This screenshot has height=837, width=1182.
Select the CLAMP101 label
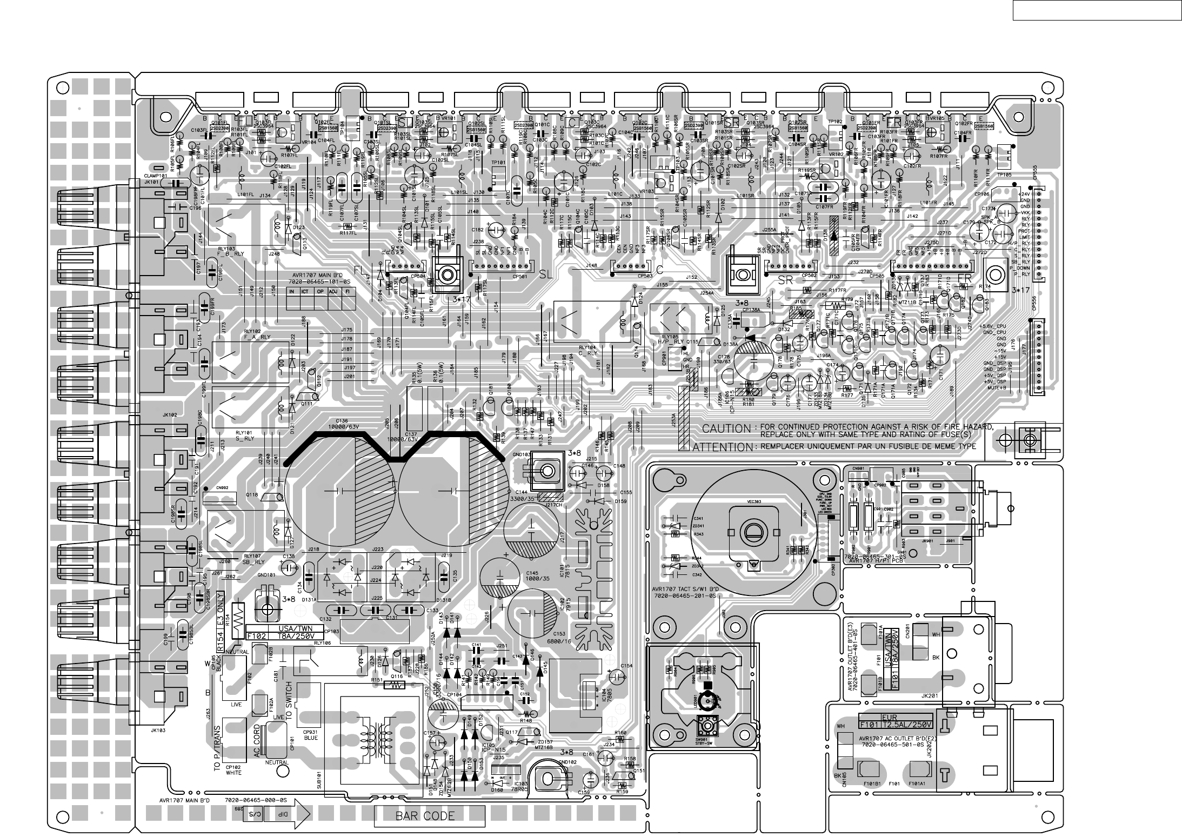click(155, 176)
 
